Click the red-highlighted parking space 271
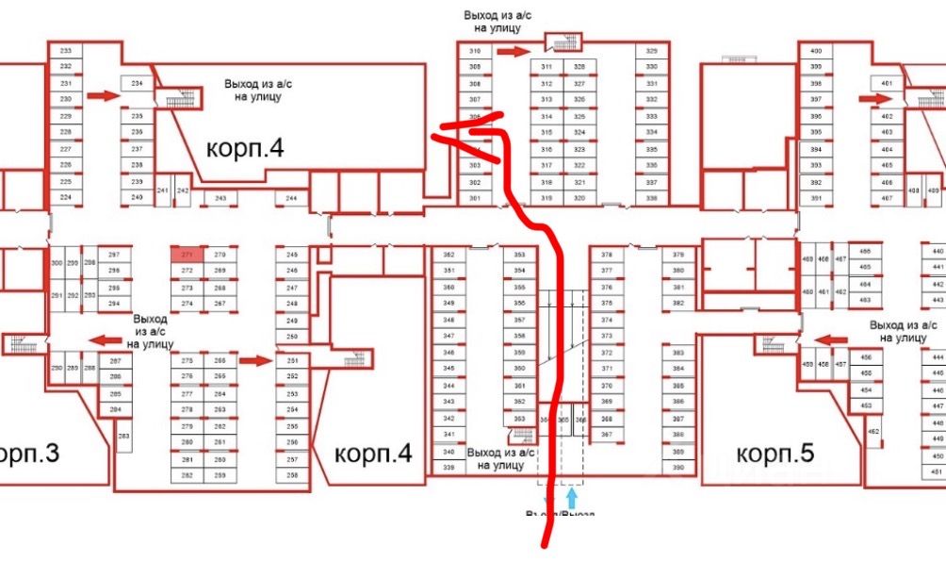pyautogui.click(x=188, y=255)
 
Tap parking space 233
pyautogui.click(x=66, y=51)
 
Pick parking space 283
pyautogui.click(x=123, y=436)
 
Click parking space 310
pyautogui.click(x=475, y=51)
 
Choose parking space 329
pyautogui.click(x=651, y=51)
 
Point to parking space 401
pyautogui.click(x=886, y=84)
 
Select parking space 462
pyautogui.click(x=873, y=432)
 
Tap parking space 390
pyautogui.click(x=677, y=467)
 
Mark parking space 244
pyautogui.click(x=291, y=199)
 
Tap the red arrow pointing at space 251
pyautogui.click(x=254, y=359)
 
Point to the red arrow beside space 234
pyautogui.click(x=104, y=94)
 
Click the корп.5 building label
pyautogui.click(x=775, y=454)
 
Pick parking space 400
pyautogui.click(x=816, y=51)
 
